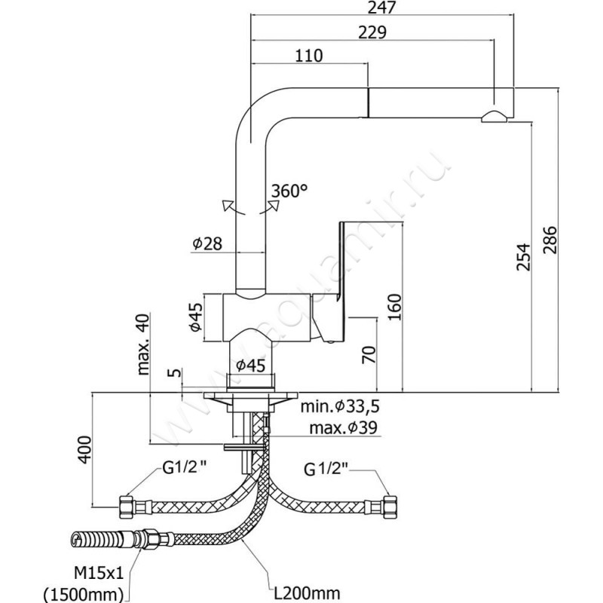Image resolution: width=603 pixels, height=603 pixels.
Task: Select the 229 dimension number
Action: click(372, 32)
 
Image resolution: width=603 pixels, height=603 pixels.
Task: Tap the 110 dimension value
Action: click(309, 56)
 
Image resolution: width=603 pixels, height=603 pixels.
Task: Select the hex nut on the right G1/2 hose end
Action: click(390, 503)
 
